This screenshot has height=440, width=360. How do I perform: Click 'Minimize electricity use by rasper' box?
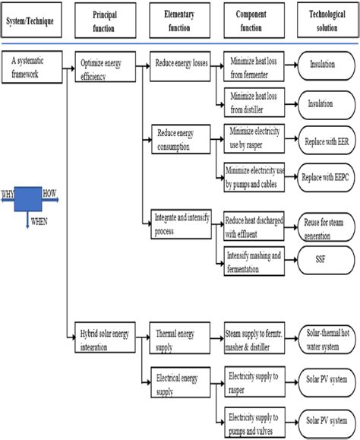pyautogui.click(x=256, y=138)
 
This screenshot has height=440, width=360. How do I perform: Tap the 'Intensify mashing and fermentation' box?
pyautogui.click(x=256, y=259)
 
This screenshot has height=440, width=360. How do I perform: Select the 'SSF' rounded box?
pyautogui.click(x=324, y=259)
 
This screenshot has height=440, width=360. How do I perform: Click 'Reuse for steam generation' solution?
pyautogui.click(x=324, y=224)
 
